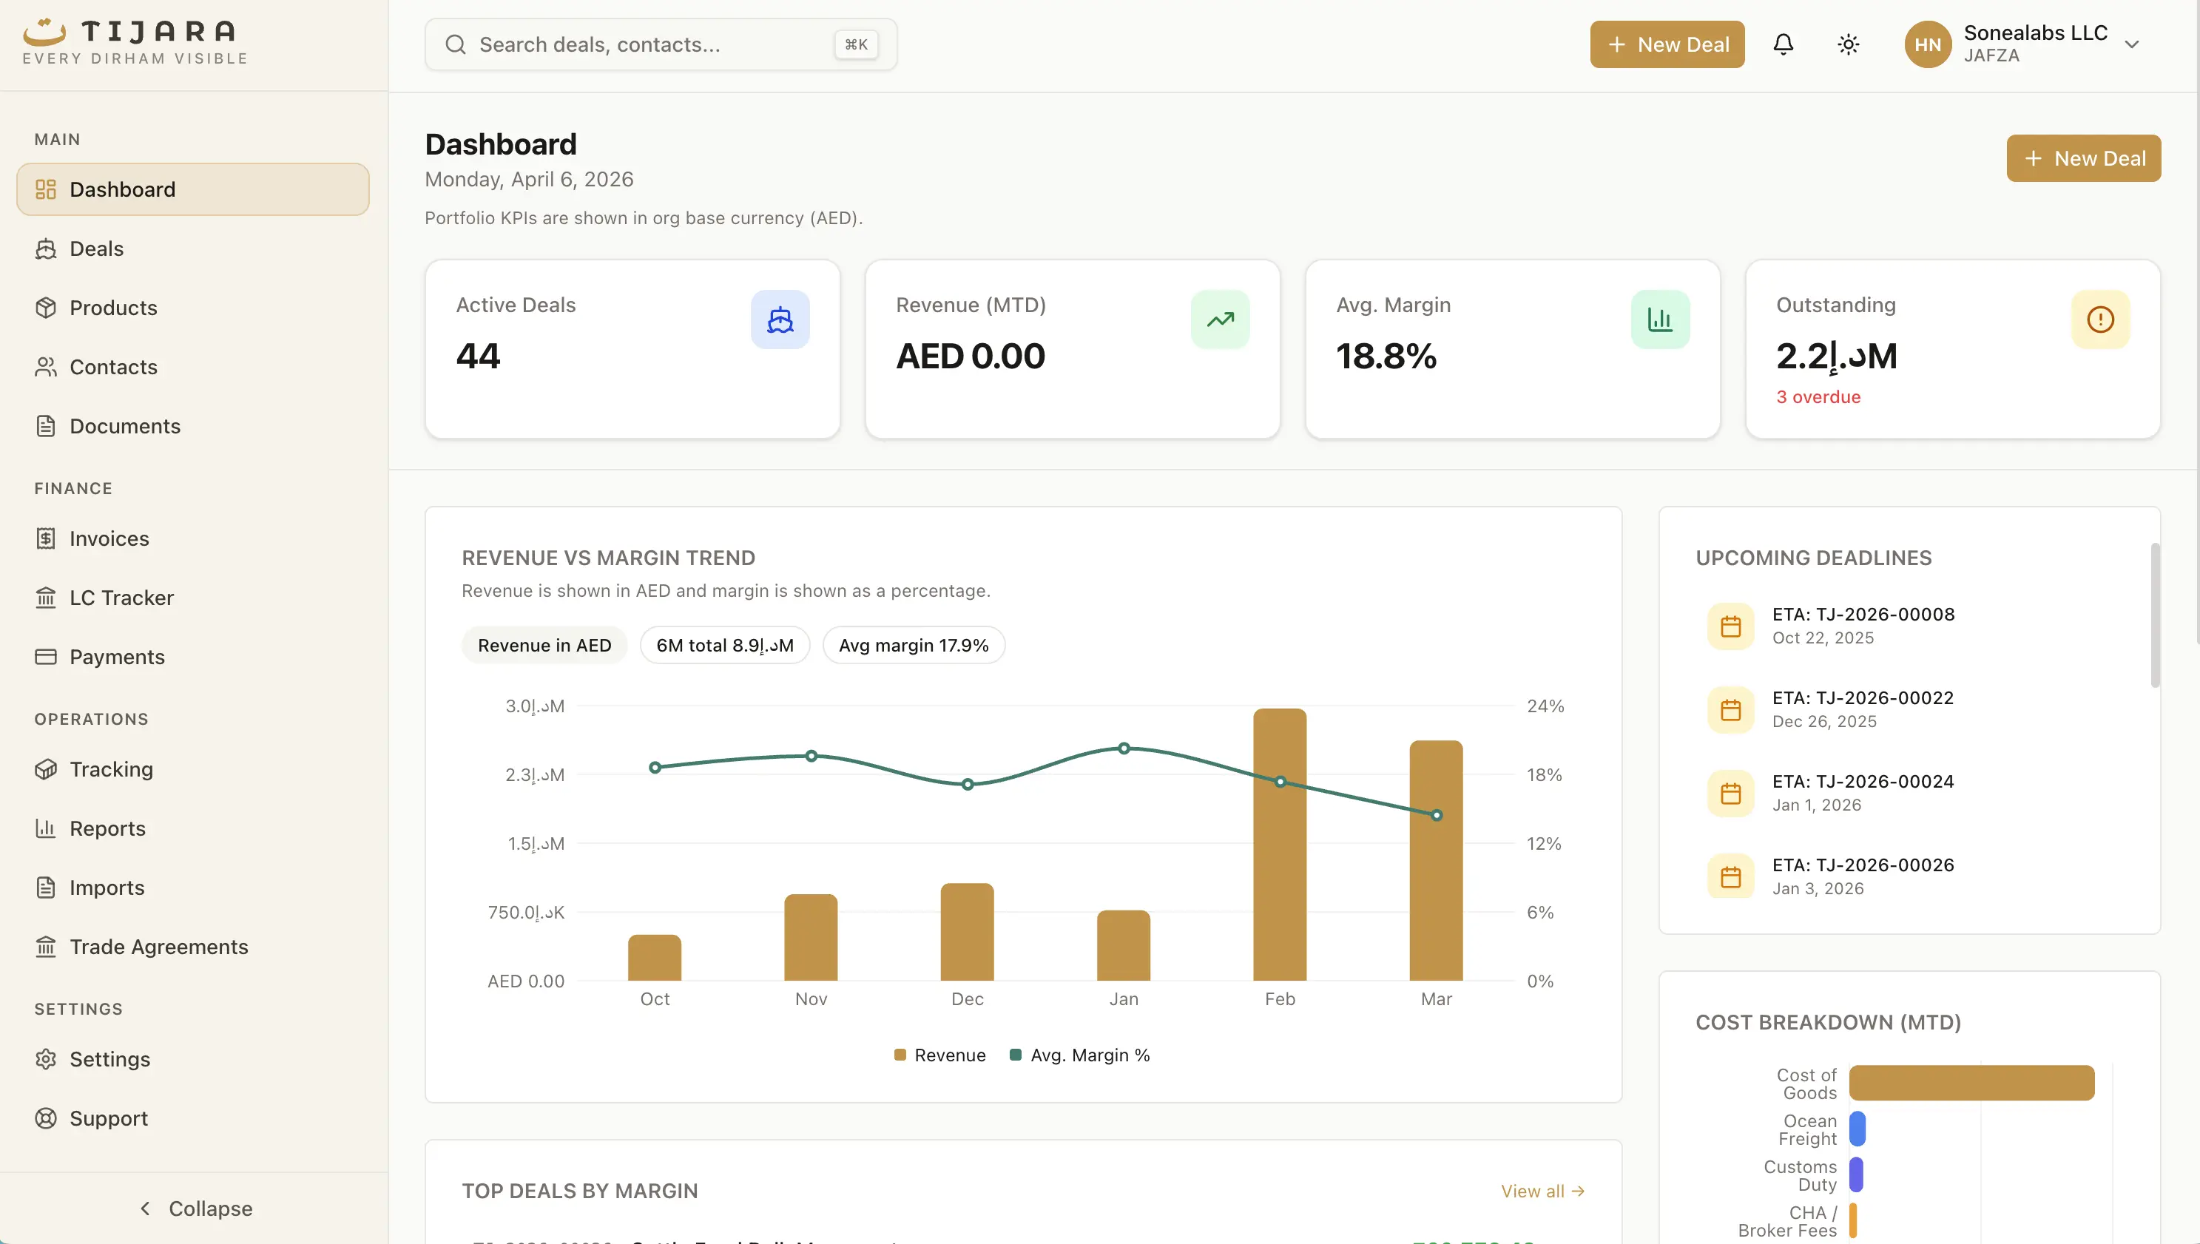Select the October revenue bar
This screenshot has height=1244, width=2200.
655,958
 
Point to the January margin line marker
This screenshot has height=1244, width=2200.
1124,748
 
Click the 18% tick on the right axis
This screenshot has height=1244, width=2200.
1544,775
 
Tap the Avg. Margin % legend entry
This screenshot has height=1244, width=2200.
1080,1055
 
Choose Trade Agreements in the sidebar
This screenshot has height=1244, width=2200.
159,947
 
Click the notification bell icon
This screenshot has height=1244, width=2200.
1783,44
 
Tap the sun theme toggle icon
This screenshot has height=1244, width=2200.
1848,44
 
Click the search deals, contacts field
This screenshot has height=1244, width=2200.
649,44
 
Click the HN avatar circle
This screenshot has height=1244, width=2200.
1928,44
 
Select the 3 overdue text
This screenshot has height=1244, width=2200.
1818,397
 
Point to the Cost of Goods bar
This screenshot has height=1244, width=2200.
1971,1083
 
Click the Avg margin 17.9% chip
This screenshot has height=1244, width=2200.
914,645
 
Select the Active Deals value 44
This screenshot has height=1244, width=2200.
479,356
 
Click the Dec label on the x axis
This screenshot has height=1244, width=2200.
967,998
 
